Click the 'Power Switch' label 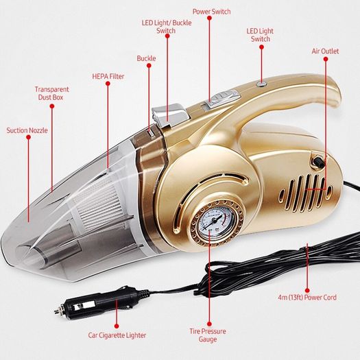pyautogui.click(x=211, y=12)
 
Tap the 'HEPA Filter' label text pyautogui.click(x=108, y=76)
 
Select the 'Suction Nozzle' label pyautogui.click(x=27, y=130)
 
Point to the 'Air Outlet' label pyautogui.click(x=325, y=51)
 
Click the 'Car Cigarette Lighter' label pyautogui.click(x=117, y=335)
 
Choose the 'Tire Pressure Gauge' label pyautogui.click(x=208, y=335)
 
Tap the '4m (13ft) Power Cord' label pyautogui.click(x=307, y=298)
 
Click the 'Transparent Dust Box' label pyautogui.click(x=51, y=93)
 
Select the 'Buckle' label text pyautogui.click(x=146, y=58)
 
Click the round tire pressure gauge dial pyautogui.click(x=216, y=221)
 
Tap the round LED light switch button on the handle pyautogui.click(x=261, y=84)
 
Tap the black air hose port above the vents pyautogui.click(x=318, y=163)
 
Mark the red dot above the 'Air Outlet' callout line pyautogui.click(x=326, y=59)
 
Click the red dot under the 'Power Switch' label pyautogui.click(x=209, y=18)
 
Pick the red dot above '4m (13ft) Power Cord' pyautogui.click(x=307, y=291)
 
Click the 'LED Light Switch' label pyautogui.click(x=260, y=35)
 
